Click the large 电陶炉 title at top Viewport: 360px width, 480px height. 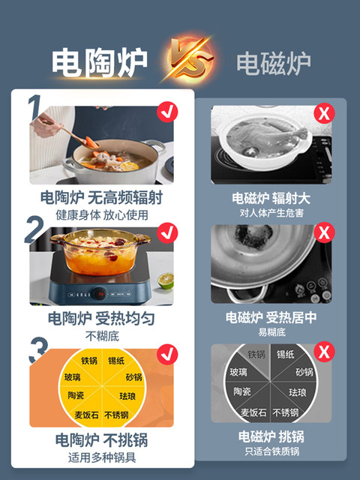pos(99,62)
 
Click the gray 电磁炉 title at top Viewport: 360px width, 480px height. pos(274,63)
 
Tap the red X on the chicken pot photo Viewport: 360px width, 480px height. pos(324,115)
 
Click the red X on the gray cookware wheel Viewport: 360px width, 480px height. pos(324,352)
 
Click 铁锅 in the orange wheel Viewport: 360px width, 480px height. pos(88,361)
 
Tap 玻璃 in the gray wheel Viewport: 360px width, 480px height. pos(238,372)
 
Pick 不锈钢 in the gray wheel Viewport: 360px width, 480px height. pos(285,412)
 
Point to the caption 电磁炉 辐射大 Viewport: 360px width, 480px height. pos(271,198)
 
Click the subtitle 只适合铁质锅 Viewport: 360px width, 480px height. pos(271,451)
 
